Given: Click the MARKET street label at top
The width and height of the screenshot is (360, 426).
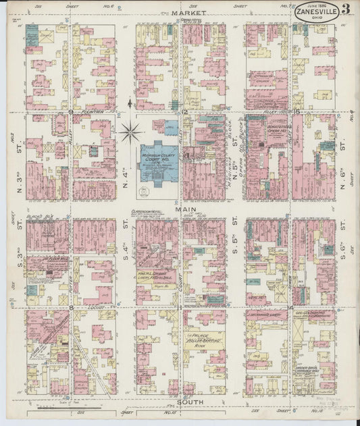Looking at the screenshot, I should pos(182,13).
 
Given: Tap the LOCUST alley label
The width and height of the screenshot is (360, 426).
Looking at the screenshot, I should pos(95,307).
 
